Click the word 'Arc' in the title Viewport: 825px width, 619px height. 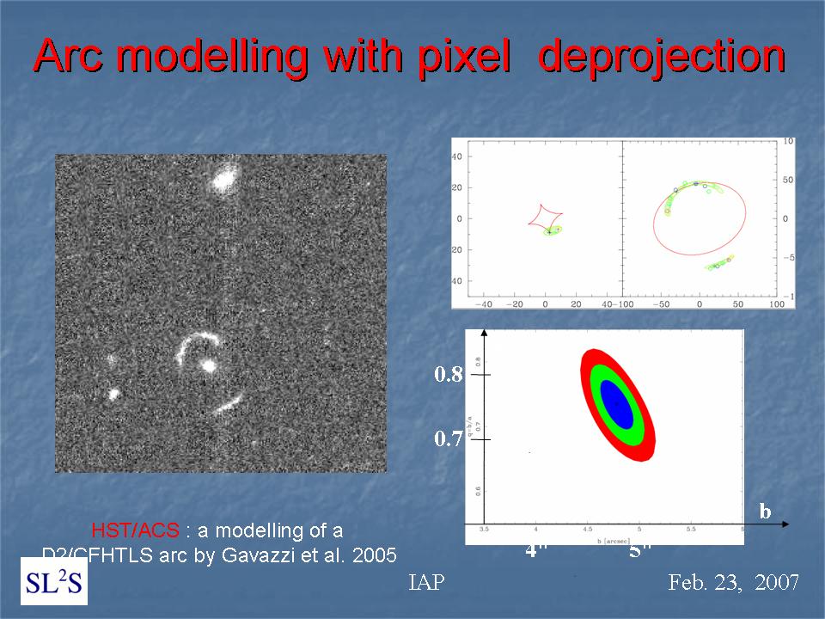pos(77,58)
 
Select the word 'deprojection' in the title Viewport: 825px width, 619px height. pos(661,58)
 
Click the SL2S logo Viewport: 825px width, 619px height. pos(53,582)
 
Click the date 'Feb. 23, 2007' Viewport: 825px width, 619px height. pos(735,583)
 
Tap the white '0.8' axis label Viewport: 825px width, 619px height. pos(449,375)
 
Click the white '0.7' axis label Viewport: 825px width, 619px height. pos(449,440)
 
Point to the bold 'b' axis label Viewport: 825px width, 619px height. pos(765,512)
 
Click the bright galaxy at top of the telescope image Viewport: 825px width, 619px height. pos(224,180)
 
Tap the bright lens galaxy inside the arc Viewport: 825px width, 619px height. pos(207,365)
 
